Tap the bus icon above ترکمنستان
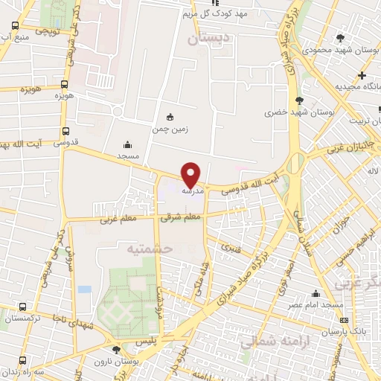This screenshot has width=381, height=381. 22,306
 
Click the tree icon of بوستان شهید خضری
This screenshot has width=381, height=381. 299,100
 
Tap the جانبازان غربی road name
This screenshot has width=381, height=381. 352,147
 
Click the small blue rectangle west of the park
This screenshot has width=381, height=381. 84,289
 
